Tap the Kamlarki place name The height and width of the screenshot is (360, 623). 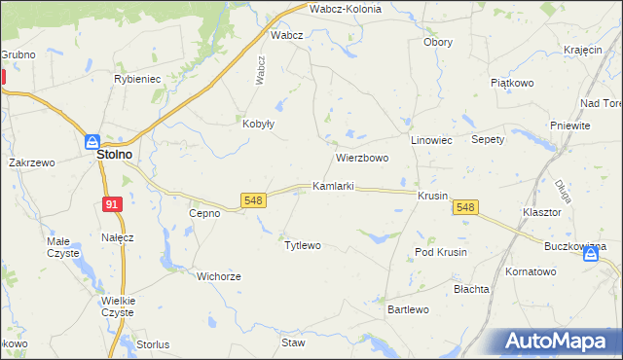pos(332,185)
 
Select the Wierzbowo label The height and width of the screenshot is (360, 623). pos(362,158)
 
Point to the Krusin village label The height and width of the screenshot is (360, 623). pos(431,196)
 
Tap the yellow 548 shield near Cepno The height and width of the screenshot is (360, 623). pos(253,200)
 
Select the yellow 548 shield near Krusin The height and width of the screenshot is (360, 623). pos(466,207)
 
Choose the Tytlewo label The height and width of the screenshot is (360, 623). pos(302,245)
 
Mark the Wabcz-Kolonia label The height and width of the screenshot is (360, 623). pos(346,9)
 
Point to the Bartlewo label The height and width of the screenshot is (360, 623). pos(408,309)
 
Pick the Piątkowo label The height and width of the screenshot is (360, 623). pos(512,84)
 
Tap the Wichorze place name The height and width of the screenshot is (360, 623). pos(218,276)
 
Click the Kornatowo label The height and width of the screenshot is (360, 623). pos(530,271)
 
